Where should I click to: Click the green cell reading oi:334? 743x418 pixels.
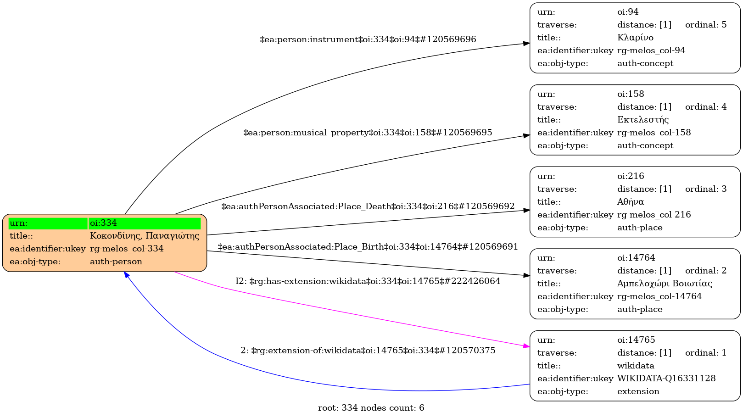[145, 223]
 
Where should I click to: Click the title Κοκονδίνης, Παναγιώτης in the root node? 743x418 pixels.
[145, 236]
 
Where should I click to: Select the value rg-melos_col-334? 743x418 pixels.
[127, 249]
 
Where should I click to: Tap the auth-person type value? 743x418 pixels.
[116, 262]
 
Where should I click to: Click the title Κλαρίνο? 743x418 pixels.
[635, 38]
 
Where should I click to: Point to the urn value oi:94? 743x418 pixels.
[628, 12]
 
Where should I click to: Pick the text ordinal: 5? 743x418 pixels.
[706, 25]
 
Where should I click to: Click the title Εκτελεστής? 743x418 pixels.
[643, 119]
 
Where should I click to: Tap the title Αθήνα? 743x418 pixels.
[631, 202]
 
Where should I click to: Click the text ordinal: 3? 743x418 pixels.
[706, 189]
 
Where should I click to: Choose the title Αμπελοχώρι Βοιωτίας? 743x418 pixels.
[665, 284]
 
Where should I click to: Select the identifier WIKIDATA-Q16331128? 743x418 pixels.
[666, 379]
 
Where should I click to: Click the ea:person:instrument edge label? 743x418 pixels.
[368, 39]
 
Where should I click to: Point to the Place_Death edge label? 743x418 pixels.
[368, 206]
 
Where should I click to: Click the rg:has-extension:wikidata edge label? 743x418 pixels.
[368, 281]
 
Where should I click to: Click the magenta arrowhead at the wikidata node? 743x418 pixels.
[527, 346]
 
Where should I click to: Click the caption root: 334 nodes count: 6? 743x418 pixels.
[371, 408]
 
